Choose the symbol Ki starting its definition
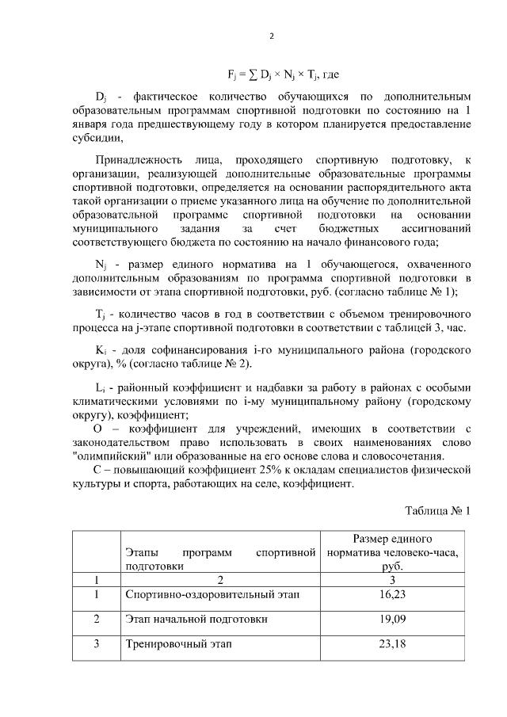pyautogui.click(x=100, y=349)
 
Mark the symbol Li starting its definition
pyautogui.click(x=99, y=387)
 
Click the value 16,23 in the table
pyautogui.click(x=392, y=593)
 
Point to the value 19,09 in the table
pyautogui.click(x=392, y=618)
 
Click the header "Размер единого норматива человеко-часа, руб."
pyautogui.click(x=392, y=552)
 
